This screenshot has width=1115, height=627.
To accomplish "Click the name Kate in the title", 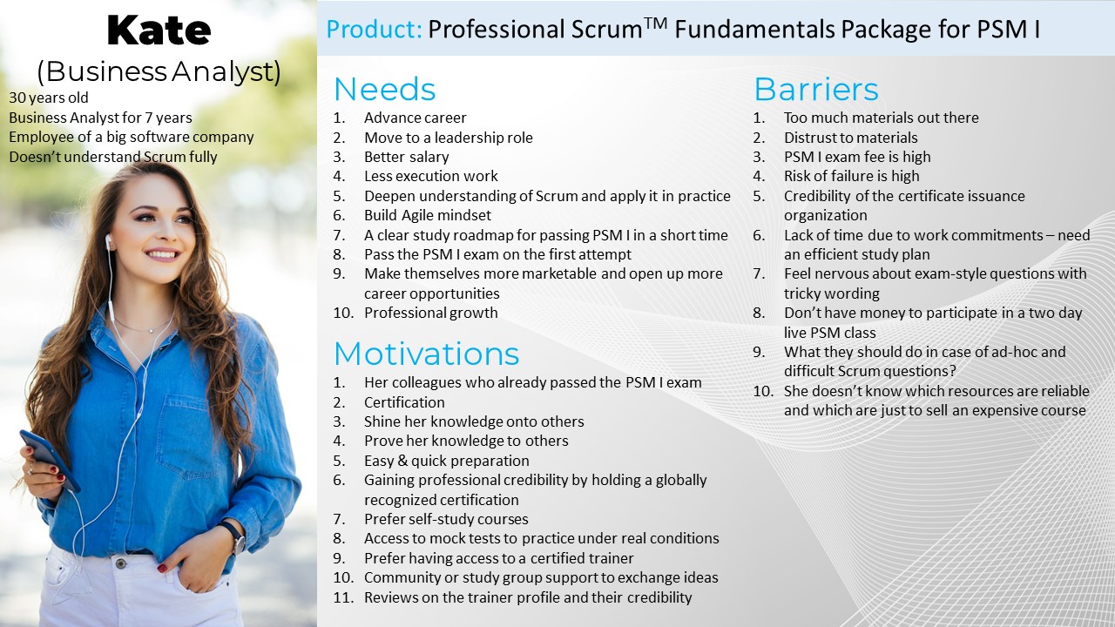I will click(159, 31).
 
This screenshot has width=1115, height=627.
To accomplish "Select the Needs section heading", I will click(384, 90).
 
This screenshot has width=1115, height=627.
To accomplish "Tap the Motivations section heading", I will click(426, 354).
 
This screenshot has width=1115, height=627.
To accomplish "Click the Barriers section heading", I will click(815, 90).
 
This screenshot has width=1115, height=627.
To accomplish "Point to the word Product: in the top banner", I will click(374, 30).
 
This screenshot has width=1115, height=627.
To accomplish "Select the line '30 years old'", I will click(49, 98).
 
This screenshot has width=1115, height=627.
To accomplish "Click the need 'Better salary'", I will click(406, 157).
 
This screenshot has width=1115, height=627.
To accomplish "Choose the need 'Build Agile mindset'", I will click(427, 215).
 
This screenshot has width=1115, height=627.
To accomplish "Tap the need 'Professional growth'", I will click(430, 313).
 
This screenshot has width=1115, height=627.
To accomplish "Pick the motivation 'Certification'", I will click(404, 402).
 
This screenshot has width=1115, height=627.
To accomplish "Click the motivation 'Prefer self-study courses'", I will click(446, 519).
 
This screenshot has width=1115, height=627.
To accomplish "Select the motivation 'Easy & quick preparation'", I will click(446, 461).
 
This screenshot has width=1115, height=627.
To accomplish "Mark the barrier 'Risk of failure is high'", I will click(851, 176).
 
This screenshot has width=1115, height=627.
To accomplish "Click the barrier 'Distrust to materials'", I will click(850, 138).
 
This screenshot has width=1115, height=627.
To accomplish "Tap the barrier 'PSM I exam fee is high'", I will click(856, 157).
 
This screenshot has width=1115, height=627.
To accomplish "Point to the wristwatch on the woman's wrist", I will click(233, 536).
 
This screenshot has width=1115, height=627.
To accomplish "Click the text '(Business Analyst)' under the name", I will click(159, 71).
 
